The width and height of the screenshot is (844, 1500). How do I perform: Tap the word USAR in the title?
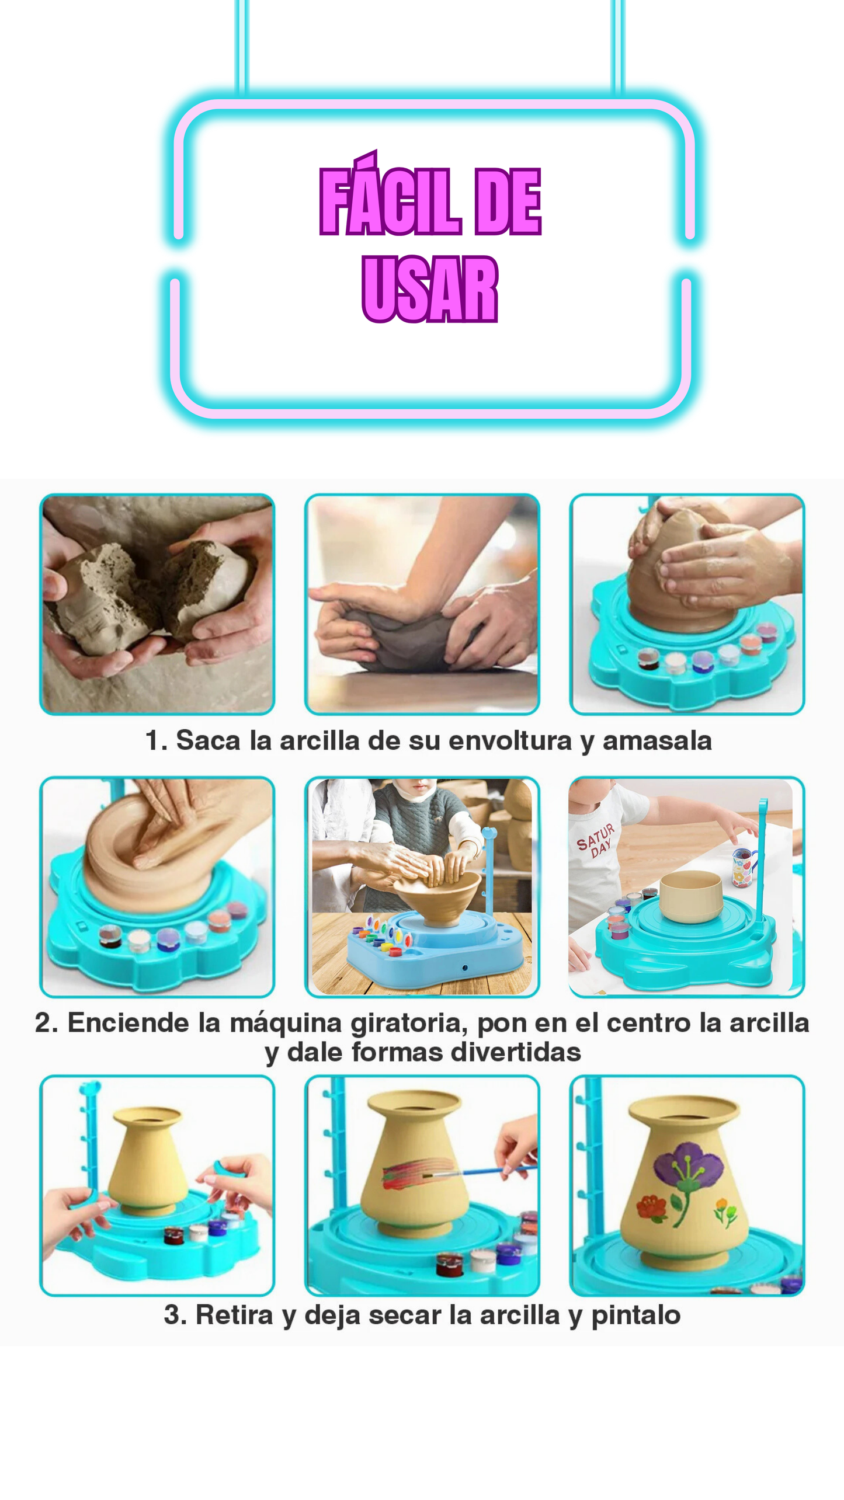[x=430, y=288]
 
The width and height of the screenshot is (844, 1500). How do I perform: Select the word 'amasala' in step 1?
[x=657, y=740]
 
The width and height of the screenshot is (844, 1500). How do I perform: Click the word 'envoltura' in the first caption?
[x=510, y=740]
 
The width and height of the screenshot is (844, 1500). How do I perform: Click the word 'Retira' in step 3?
[x=234, y=1315]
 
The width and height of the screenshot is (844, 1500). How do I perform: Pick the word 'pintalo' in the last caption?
[x=636, y=1315]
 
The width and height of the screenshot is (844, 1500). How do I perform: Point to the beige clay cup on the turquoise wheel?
[x=691, y=896]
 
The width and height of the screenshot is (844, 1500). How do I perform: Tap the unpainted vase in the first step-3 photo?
[x=148, y=1160]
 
